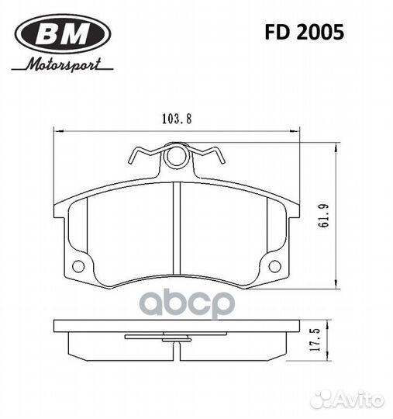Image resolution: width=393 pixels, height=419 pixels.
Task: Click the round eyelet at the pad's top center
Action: point(178,157)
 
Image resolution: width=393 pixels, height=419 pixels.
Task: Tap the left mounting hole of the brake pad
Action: point(78,266)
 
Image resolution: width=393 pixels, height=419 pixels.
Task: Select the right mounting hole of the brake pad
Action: point(274,266)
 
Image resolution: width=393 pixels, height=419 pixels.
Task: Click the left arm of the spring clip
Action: point(143,154)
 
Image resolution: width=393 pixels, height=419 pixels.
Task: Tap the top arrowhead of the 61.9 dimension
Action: point(335,147)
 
